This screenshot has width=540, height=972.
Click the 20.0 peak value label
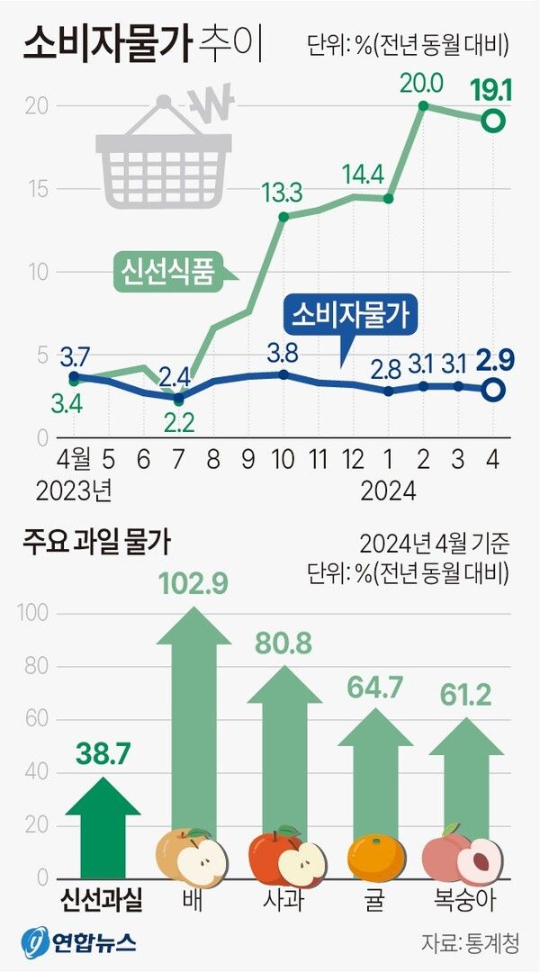[x=422, y=84]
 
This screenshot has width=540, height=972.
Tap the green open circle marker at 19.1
[x=493, y=120]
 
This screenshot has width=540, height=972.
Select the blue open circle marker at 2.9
[x=493, y=390]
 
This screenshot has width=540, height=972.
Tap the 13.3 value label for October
[x=283, y=193]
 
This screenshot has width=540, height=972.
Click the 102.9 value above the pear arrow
[x=193, y=583]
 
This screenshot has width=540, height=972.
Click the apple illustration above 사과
[x=283, y=858]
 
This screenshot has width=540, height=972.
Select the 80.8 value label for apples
[x=284, y=644]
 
